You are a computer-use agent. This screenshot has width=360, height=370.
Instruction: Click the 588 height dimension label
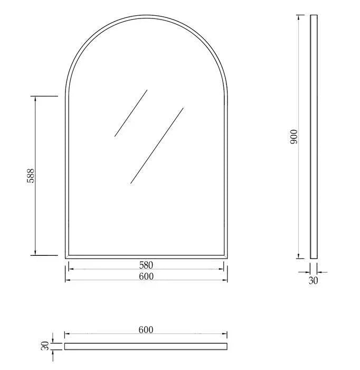pos(30,176)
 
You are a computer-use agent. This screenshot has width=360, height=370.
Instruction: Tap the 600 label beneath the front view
pos(146,276)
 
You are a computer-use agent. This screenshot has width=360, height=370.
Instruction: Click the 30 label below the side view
pos(314,281)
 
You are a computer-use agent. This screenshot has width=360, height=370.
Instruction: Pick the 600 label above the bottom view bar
pos(146,330)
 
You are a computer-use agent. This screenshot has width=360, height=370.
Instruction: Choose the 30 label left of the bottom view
pos(45,346)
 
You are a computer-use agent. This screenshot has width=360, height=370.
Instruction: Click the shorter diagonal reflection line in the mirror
pos(131,113)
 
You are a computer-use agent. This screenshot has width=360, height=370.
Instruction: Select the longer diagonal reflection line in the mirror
pos(157,146)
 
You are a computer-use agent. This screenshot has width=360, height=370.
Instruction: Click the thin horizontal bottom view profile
pos(146,346)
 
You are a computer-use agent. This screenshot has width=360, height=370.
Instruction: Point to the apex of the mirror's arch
pos(146,16)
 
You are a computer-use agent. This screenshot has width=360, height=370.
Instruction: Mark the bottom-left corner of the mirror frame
pos(66,257)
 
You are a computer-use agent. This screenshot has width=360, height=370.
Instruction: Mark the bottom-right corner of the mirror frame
pos(227,257)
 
